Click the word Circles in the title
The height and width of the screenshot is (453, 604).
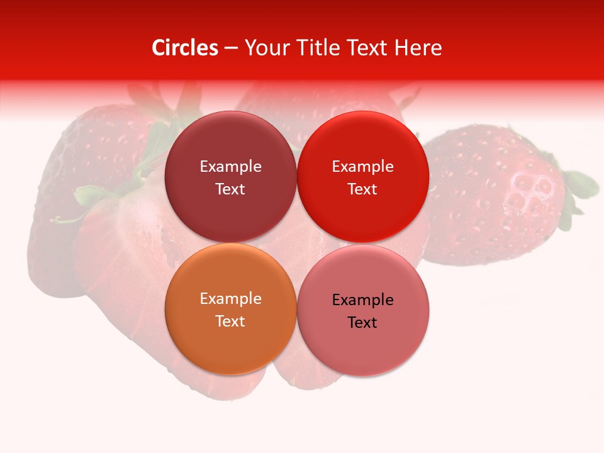click(185, 48)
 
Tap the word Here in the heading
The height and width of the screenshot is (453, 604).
click(418, 48)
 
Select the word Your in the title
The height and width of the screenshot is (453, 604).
click(266, 48)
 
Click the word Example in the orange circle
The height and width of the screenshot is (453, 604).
click(230, 299)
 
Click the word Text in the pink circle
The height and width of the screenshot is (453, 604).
click(362, 323)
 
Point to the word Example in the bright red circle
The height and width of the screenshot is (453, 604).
click(362, 167)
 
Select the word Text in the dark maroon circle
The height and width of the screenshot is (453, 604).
click(230, 189)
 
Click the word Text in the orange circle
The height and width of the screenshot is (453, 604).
click(230, 322)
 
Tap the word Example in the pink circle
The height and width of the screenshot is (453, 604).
click(362, 300)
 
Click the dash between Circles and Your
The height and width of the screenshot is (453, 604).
click(231, 48)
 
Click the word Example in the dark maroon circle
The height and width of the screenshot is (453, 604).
click(230, 167)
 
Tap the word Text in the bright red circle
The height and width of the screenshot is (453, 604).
click(362, 189)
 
